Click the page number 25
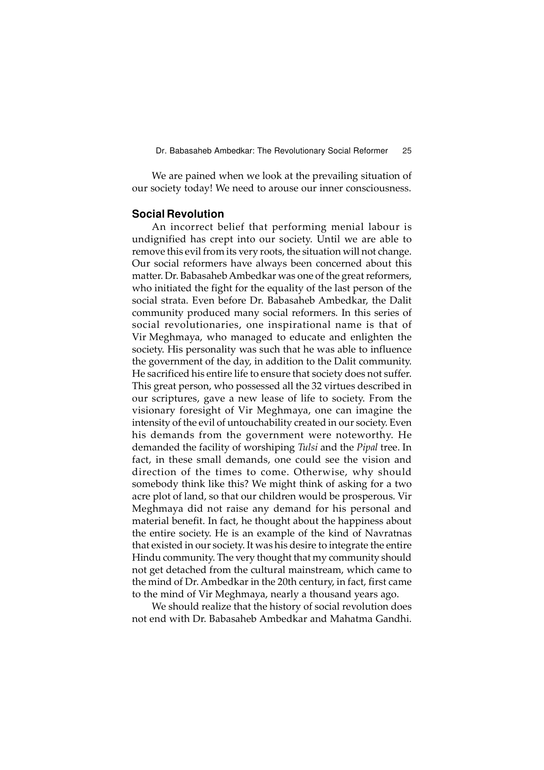click(407, 151)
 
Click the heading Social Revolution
click(178, 214)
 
